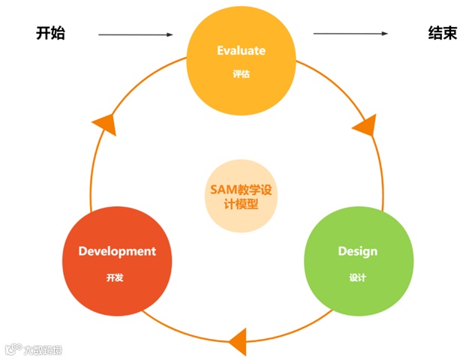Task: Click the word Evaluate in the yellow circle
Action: (242, 51)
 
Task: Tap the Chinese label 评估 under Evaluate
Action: (241, 75)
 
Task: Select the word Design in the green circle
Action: (357, 250)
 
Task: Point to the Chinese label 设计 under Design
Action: (357, 277)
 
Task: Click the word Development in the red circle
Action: (117, 251)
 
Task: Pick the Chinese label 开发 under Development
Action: (115, 277)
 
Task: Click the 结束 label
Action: (442, 34)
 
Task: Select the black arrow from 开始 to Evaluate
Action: (135, 34)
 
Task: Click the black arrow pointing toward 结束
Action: (350, 34)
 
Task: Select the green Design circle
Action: (357, 261)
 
